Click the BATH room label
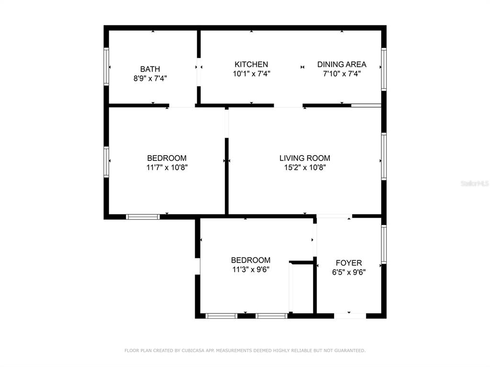pos(150,69)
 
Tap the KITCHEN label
pos(251,65)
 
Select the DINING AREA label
pos(342,65)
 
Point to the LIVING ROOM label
pos(305,158)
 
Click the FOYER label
pos(349,263)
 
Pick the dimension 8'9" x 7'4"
pos(150,78)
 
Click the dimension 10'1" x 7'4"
pos(252,74)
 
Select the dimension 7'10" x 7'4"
pos(342,74)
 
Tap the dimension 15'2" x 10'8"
pos(305,167)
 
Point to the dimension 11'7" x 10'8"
pos(167,167)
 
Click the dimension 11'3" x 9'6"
pos(251,269)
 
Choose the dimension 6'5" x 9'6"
pos(349,272)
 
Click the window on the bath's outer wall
pos(106,67)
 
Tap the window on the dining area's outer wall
pos(384,69)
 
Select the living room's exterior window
pos(384,156)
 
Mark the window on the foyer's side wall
pos(384,244)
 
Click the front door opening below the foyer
pos(350,316)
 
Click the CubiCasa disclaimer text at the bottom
pos(245,351)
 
